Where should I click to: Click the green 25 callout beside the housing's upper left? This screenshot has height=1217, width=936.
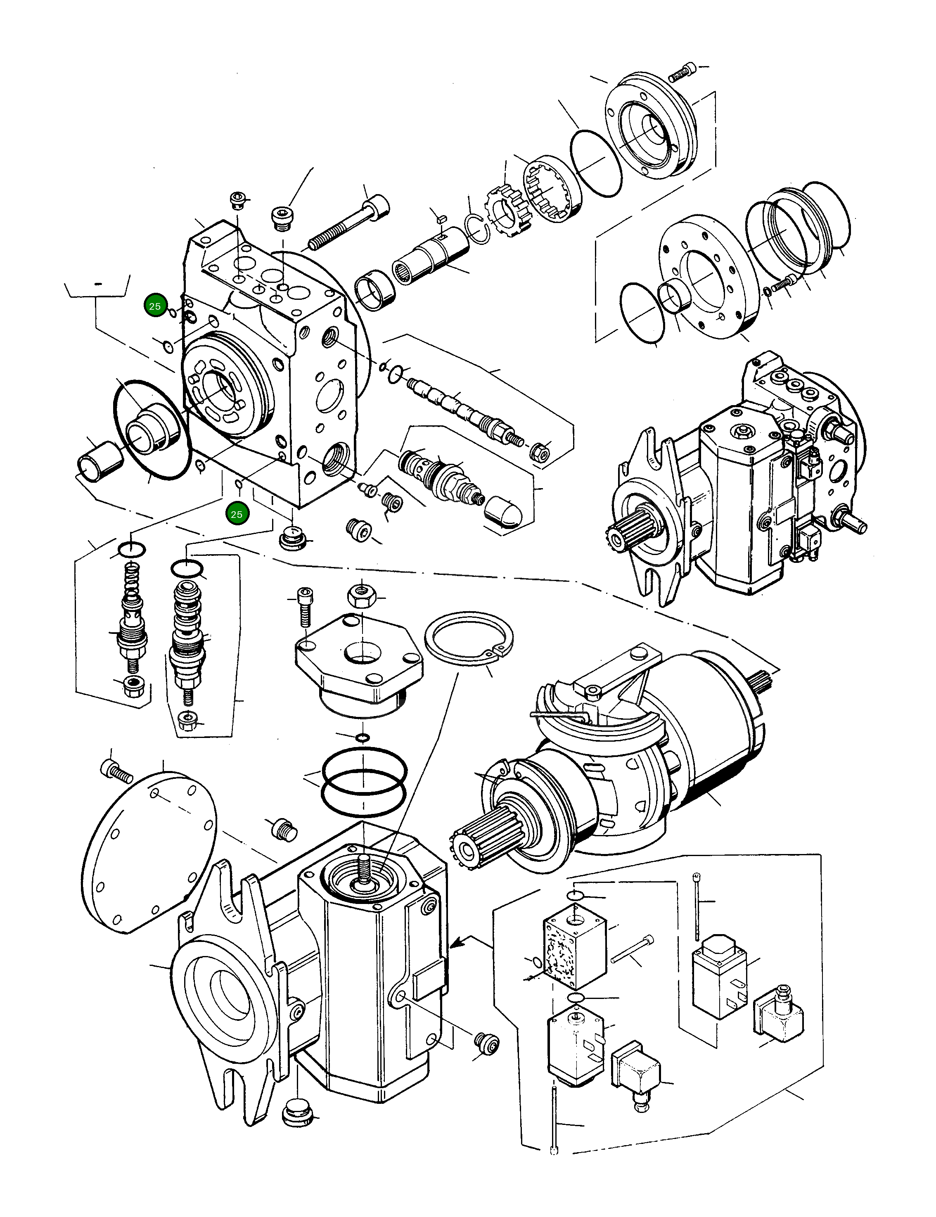click(x=155, y=306)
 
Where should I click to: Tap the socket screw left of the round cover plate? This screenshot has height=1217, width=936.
click(x=114, y=772)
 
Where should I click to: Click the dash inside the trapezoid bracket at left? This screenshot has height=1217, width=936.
click(x=99, y=284)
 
